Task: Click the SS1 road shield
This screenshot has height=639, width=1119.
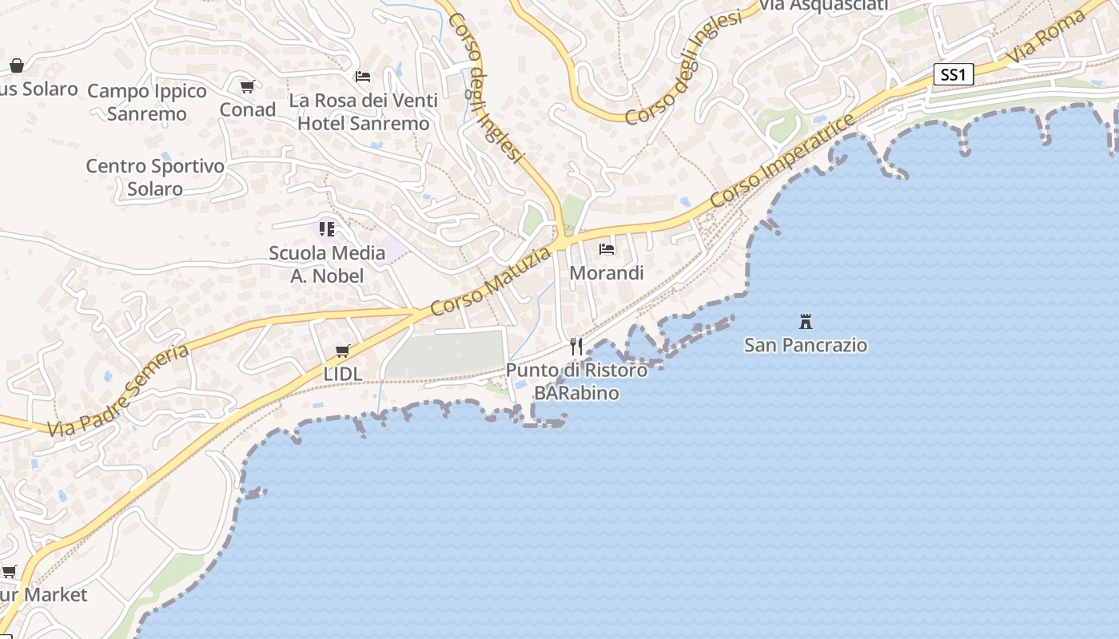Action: click(953, 75)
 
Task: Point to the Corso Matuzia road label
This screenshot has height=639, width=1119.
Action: click(490, 281)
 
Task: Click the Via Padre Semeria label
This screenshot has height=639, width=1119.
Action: click(118, 391)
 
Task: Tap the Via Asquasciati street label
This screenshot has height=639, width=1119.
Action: click(823, 6)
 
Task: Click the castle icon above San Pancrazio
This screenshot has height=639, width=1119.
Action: click(806, 322)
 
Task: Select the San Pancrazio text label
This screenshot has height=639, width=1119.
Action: click(806, 345)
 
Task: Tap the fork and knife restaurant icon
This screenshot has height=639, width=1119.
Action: click(576, 347)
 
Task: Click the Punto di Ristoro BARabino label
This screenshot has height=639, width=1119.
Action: click(577, 381)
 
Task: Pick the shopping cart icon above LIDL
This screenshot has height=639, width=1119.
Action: click(343, 351)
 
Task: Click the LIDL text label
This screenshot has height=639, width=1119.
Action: click(343, 373)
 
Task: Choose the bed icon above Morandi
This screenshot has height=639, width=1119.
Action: click(607, 249)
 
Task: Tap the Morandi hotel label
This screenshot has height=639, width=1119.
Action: click(607, 272)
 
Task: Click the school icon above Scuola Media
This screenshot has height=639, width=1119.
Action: click(327, 229)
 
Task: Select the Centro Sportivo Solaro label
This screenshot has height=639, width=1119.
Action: click(155, 177)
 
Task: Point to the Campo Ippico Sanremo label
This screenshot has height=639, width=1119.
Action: click(147, 102)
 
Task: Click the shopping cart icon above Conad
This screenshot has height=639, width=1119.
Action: click(247, 86)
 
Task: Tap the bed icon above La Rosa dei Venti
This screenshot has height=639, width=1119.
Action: click(363, 77)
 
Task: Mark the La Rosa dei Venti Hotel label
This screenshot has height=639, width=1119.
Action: click(364, 112)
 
